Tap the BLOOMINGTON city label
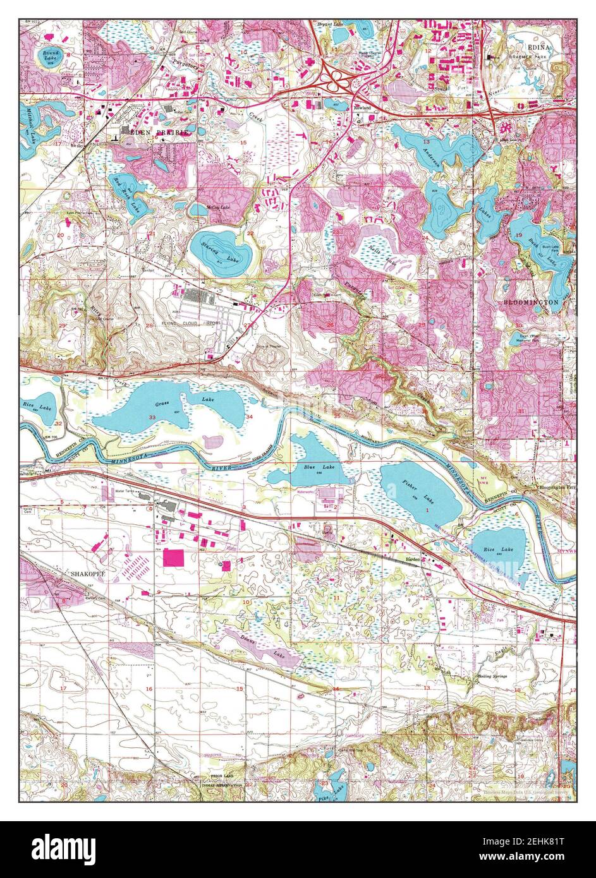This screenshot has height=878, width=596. click(531, 303)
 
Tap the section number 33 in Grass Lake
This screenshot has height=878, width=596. click(152, 418)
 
